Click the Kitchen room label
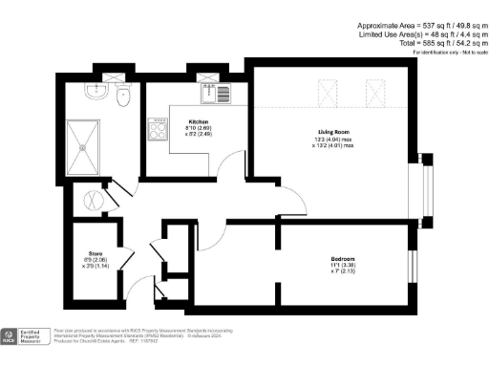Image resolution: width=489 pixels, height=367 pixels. [x=198, y=122]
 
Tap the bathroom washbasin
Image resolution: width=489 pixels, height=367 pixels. [x=95, y=92]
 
